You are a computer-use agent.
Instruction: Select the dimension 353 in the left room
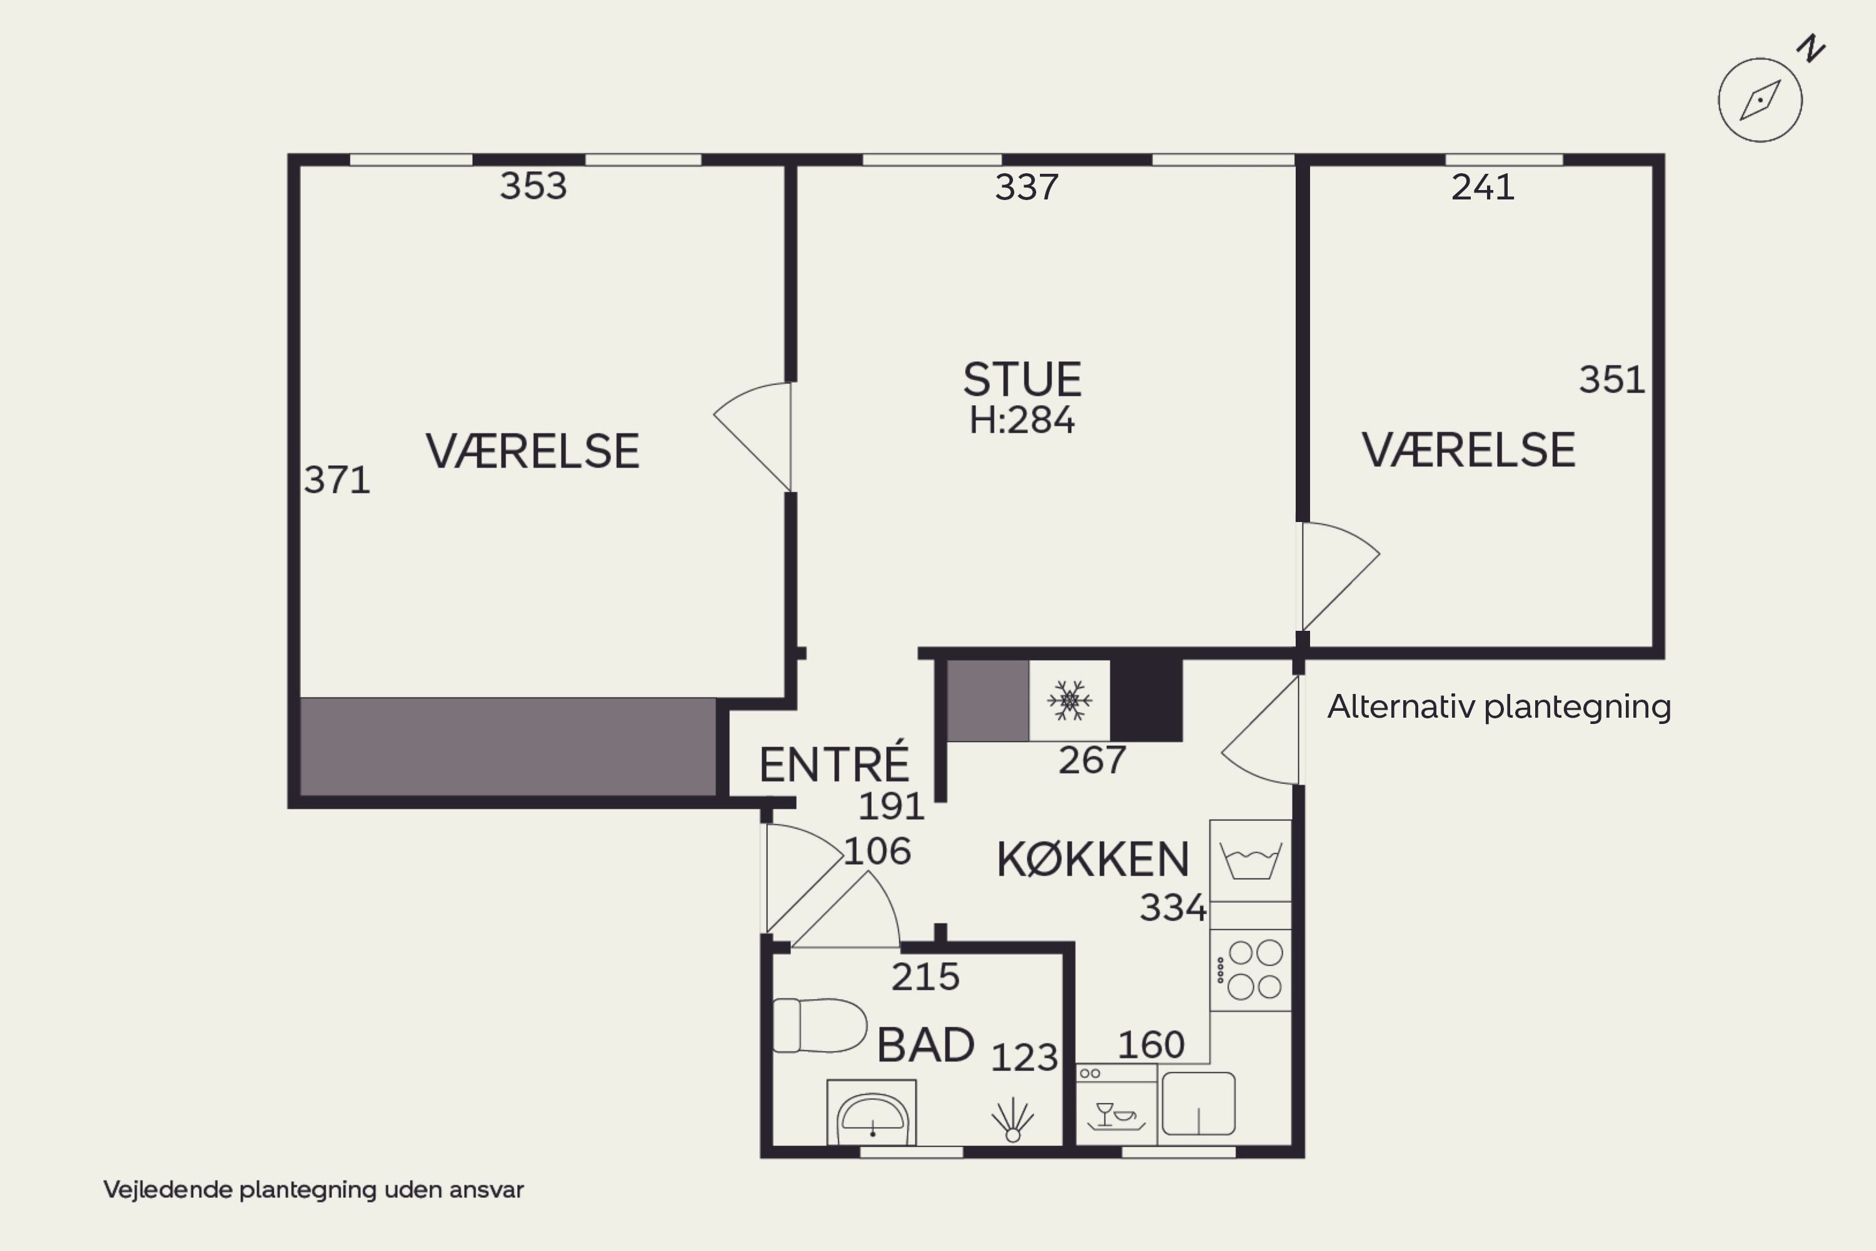click(x=533, y=186)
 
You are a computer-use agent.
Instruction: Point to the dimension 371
click(x=336, y=480)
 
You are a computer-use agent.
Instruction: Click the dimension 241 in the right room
click(x=1482, y=188)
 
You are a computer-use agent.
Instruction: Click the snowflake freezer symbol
click(x=1069, y=700)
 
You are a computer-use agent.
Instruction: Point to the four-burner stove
click(x=1251, y=970)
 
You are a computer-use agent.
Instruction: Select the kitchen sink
click(x=1199, y=1104)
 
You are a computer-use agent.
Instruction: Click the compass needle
click(x=1760, y=101)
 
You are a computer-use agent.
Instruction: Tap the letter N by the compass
click(x=1812, y=49)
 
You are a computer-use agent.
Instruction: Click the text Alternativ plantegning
click(x=1498, y=707)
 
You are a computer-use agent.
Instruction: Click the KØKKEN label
click(x=1092, y=860)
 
